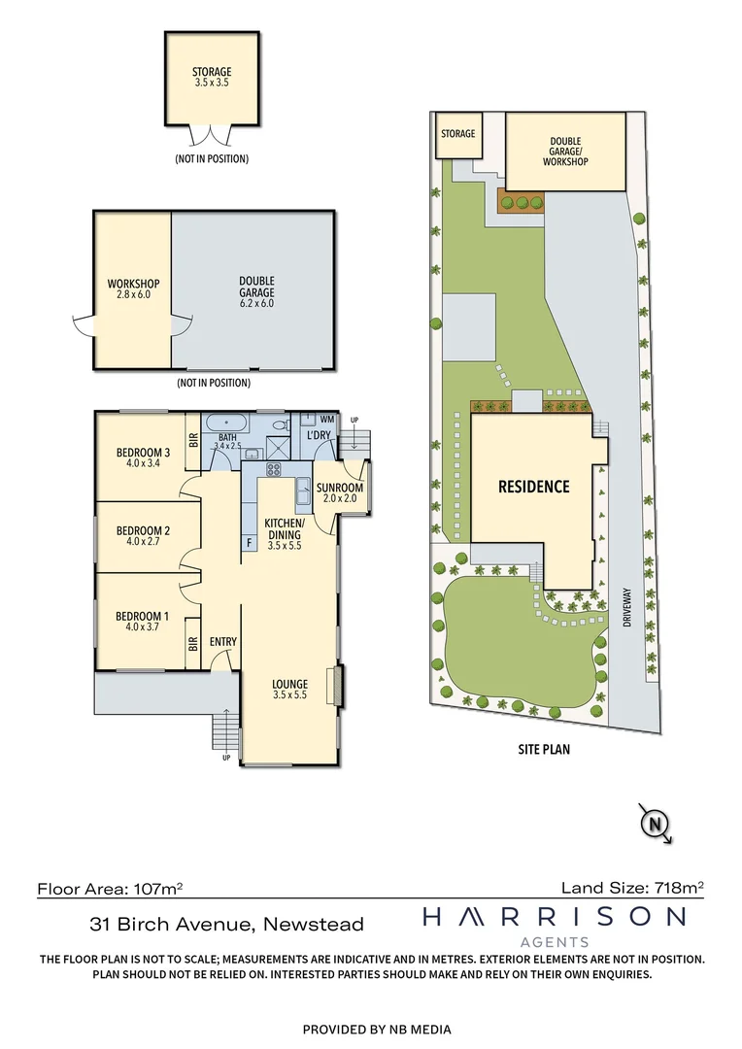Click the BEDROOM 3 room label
click(144, 453)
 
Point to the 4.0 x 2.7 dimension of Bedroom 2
click(144, 543)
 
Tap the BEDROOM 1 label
click(144, 616)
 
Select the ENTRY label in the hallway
click(223, 642)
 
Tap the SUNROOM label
click(340, 488)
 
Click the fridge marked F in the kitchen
click(249, 541)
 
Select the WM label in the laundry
click(326, 419)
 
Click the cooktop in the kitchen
click(275, 471)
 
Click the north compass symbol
click(657, 825)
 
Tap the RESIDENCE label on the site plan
click(533, 486)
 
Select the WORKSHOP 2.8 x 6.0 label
click(133, 288)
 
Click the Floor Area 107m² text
click(111, 888)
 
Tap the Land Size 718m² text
click(632, 887)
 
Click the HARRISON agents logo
click(554, 924)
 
